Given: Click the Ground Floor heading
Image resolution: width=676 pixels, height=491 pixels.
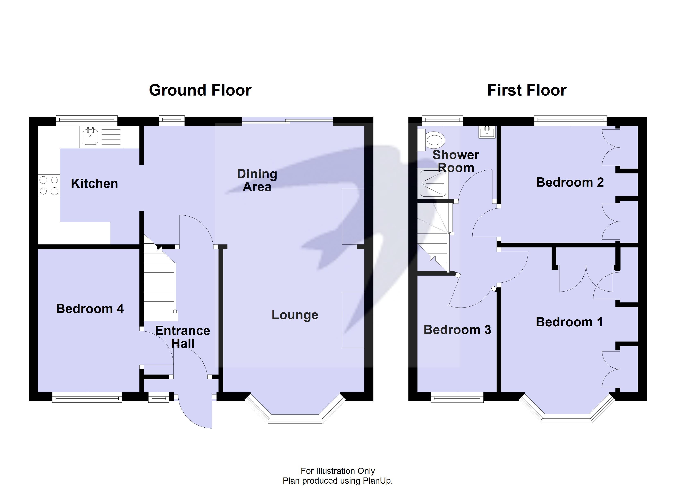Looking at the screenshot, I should [200, 90].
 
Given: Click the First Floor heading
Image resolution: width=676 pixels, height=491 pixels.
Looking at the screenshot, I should [526, 90].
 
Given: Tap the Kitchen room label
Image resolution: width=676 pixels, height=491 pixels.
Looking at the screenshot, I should [94, 184].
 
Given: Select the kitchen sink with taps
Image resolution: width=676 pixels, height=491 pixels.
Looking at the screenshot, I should [90, 137].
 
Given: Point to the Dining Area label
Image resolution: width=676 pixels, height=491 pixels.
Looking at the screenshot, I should [257, 180].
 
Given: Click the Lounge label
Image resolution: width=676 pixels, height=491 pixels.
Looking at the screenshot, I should [295, 315].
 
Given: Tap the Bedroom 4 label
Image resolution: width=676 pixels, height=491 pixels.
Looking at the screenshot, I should [90, 309].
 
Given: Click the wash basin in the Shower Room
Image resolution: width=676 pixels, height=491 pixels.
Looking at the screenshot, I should [487, 132].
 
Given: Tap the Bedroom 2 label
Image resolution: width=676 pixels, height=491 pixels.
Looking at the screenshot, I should [570, 182].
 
